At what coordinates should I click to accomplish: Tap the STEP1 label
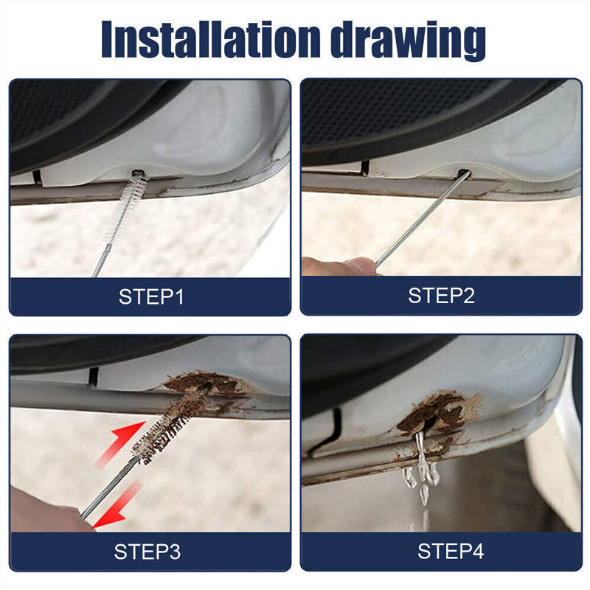[x=151, y=297]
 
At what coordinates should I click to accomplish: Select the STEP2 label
[x=441, y=296]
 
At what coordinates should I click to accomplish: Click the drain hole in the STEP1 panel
[x=138, y=175]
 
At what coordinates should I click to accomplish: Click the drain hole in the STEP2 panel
[x=464, y=175]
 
